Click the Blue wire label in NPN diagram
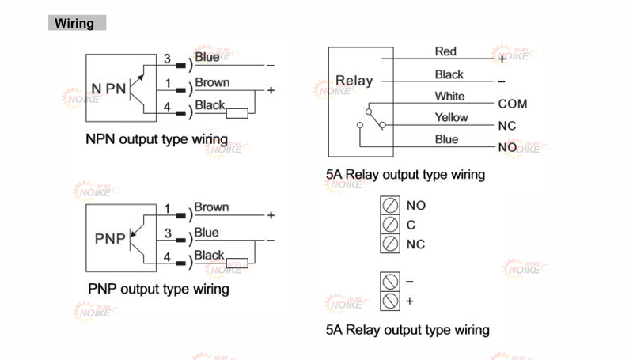[207, 58]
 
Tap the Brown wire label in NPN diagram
[212, 82]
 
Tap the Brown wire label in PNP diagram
[211, 207]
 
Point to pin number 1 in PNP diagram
[167, 209]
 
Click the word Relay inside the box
[354, 81]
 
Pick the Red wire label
[445, 51]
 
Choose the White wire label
[449, 97]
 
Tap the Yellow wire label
[451, 118]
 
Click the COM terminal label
[512, 104]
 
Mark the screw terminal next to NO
[389, 205]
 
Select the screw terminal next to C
[389, 225]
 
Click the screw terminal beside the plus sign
[389, 301]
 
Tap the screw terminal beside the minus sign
[389, 282]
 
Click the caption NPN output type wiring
[157, 140]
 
